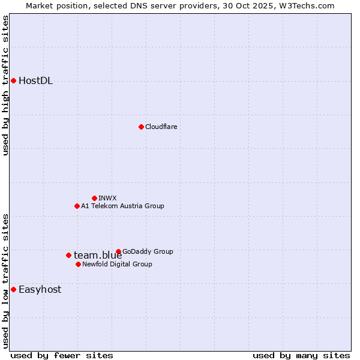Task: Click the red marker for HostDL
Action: pos(13,80)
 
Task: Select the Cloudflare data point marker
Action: pos(141,127)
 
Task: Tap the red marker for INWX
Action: pos(94,198)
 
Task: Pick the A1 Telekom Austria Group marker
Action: pos(77,206)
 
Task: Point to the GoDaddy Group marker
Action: pos(118,251)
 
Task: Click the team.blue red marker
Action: pos(68,255)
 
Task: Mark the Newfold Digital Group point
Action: pos(78,264)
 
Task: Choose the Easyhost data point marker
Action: pos(13,289)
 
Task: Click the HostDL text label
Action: pos(36,81)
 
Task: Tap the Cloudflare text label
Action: pos(161,127)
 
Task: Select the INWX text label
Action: pos(107,198)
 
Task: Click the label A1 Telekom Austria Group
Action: pos(122,206)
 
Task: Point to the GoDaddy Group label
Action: pos(148,251)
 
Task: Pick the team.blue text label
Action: pos(98,256)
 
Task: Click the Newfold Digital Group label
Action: pos(117,264)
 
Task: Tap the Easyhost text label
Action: pos(40,289)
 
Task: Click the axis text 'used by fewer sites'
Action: pos(62,355)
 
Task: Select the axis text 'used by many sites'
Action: pos(301,355)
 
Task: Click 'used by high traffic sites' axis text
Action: pos(6,85)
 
